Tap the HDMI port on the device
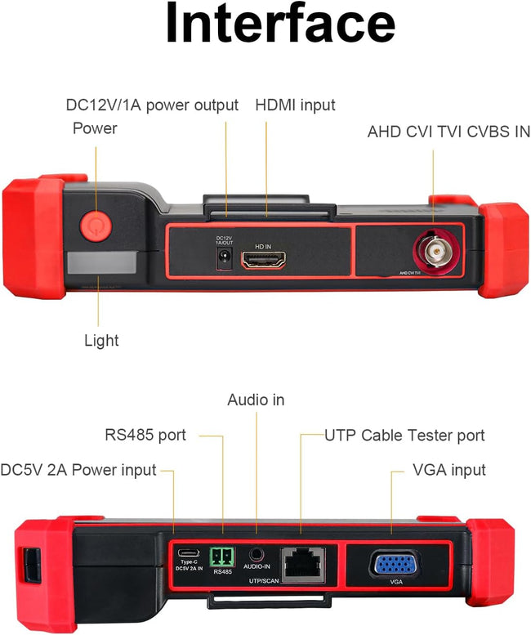click(x=264, y=261)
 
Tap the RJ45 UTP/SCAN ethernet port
click(x=301, y=562)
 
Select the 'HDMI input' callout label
click(x=295, y=105)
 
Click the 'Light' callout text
click(x=101, y=340)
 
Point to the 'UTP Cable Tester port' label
click(x=404, y=435)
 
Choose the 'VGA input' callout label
click(x=449, y=470)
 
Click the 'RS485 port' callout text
click(x=145, y=435)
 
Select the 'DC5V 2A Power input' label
click(x=78, y=470)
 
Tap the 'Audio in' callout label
click(x=256, y=400)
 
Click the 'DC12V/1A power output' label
click(x=152, y=105)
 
